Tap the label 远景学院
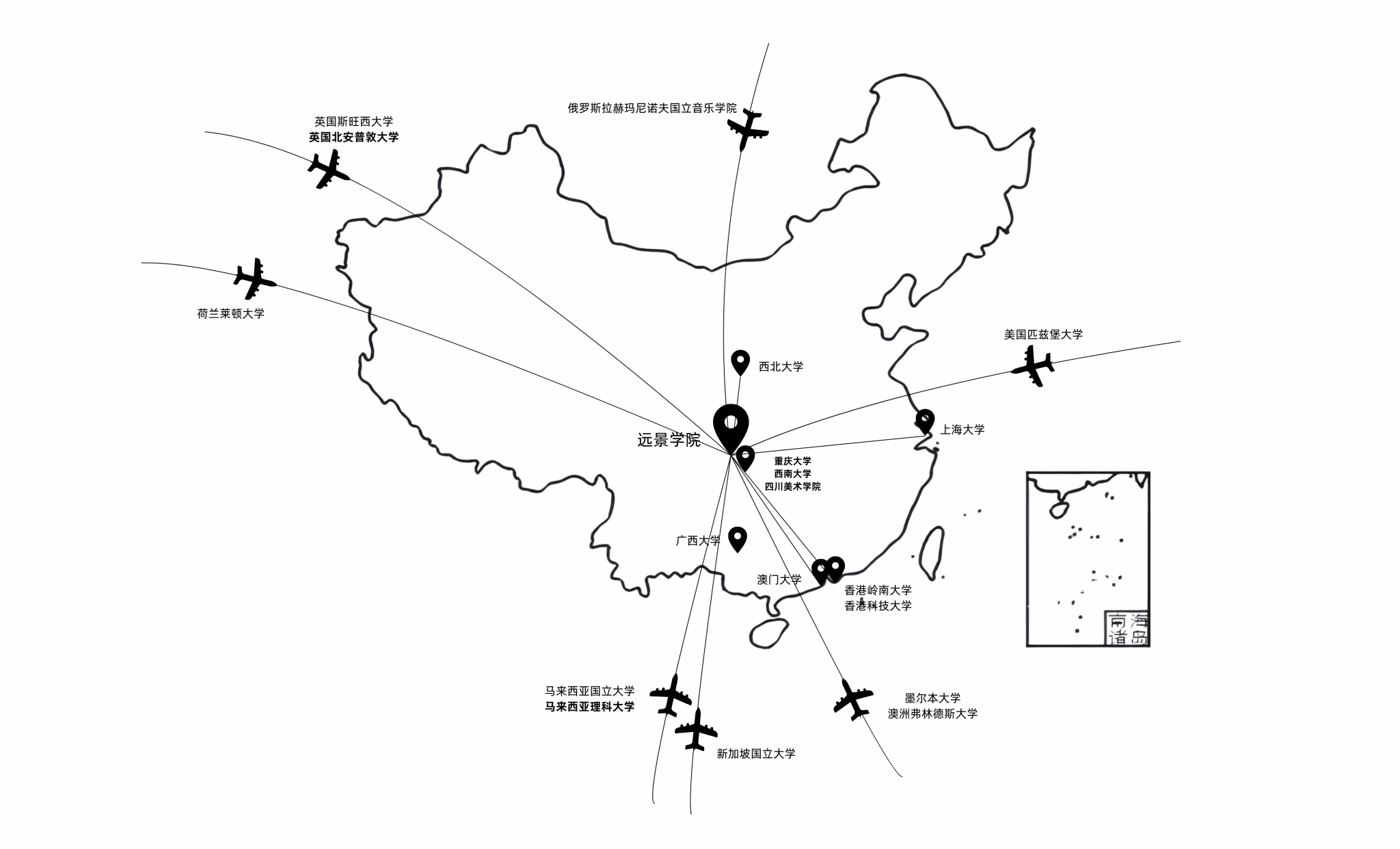669,440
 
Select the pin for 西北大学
740,361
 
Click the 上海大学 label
962,430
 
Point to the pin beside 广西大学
737,538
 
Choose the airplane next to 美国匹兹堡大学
1033,365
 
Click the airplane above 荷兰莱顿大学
254,278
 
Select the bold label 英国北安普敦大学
353,137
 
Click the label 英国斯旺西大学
353,122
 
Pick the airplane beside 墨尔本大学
852,698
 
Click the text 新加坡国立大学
756,754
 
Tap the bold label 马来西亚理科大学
589,707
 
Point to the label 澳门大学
779,579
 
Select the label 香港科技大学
878,605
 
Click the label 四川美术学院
792,486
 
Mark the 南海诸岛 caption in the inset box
1127,629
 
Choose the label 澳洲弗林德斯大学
932,714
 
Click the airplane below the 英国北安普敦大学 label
328,169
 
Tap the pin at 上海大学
925,421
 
